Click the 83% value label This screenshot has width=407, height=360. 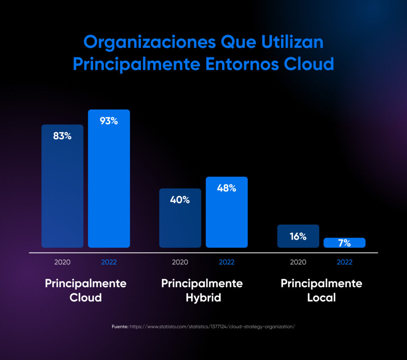(62, 136)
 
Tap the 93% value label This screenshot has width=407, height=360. (109, 121)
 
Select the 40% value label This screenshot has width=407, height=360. (180, 200)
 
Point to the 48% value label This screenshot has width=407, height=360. (227, 188)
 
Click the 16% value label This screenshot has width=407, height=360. (298, 236)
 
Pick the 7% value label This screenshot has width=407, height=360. (344, 243)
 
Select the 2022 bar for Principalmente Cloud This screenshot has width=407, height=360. (109, 187)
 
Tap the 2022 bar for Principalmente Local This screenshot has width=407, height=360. (344, 243)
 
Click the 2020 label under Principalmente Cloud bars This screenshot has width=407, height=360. (62, 262)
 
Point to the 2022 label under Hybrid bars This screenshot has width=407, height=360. (227, 262)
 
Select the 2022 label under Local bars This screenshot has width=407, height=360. (344, 262)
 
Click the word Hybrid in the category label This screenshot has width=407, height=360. (203, 298)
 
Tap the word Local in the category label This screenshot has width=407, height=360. (322, 298)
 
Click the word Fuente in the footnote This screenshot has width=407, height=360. (120, 326)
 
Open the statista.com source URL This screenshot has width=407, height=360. (212, 326)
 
